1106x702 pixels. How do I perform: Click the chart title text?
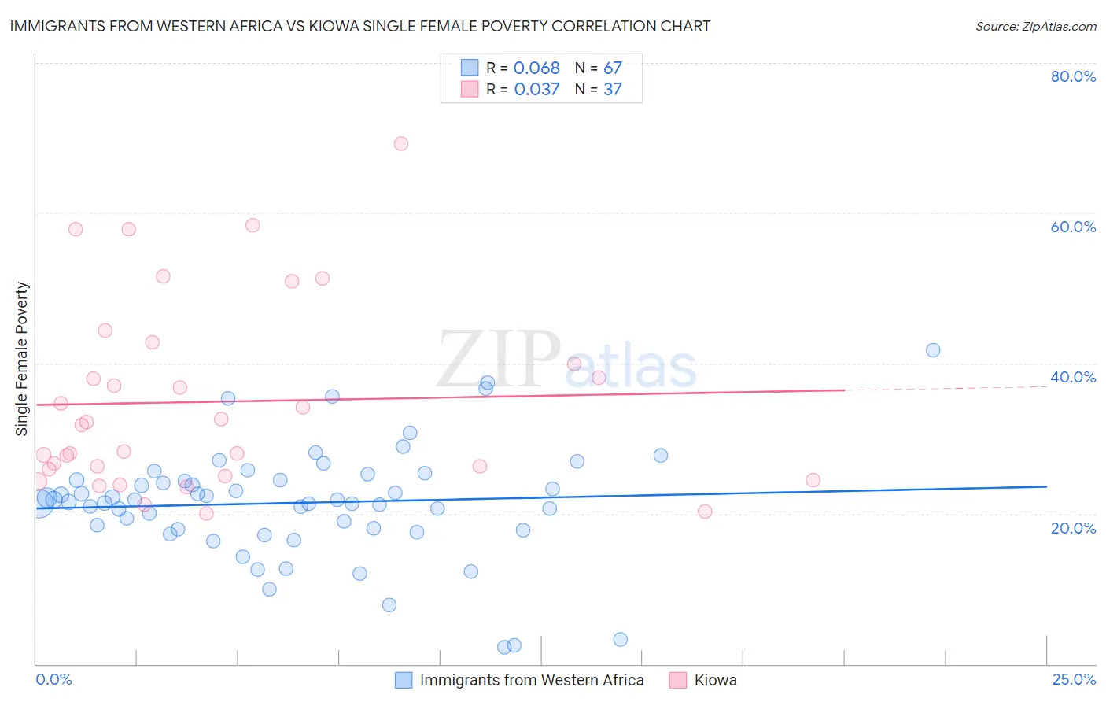coord(359,26)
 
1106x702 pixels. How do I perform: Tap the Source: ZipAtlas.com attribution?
coord(1035,26)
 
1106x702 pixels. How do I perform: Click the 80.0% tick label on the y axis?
coord(1073,76)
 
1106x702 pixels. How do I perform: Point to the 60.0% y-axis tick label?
coord(1073,227)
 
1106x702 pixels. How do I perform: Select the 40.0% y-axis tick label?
coord(1073,377)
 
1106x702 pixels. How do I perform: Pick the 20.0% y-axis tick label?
coord(1073,528)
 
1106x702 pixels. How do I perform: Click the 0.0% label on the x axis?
coord(53,679)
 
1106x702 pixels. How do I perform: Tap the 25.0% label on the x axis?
coord(1074,679)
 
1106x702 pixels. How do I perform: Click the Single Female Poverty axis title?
coord(22,359)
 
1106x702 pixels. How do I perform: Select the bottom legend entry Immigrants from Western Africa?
coord(532,680)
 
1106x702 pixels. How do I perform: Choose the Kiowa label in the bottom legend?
coord(715,680)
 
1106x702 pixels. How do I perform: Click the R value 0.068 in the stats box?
coord(536,68)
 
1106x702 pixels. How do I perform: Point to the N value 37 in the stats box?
coord(612,89)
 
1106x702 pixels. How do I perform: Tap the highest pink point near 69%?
coord(401,143)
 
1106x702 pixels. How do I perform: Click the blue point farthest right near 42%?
coord(933,350)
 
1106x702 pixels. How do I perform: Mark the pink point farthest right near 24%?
coord(813,480)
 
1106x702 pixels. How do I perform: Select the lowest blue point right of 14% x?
coord(620,639)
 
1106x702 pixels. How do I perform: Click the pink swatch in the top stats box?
coord(470,89)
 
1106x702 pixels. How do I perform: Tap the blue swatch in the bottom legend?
coord(404,680)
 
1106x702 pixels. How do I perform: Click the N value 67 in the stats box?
coord(612,68)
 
